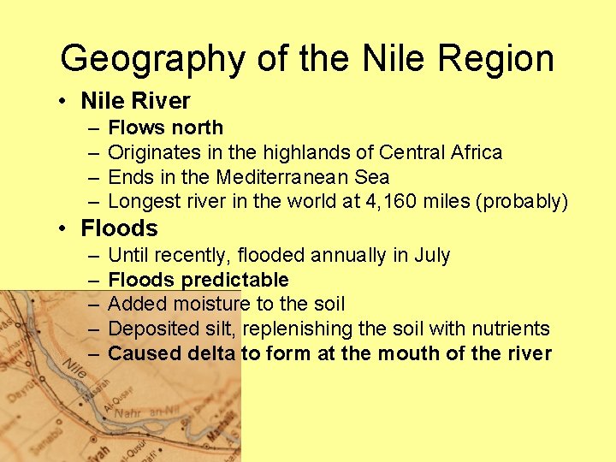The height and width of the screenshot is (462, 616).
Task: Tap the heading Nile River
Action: [x=135, y=101]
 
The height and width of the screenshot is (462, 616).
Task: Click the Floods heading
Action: [x=119, y=228]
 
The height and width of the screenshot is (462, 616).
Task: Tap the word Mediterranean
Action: [x=303, y=177]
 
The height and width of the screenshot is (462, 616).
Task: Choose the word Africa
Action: [x=474, y=152]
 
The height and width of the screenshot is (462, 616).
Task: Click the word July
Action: [x=432, y=255]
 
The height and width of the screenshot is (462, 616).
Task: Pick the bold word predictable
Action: [x=235, y=280]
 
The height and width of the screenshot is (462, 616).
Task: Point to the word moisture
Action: [x=210, y=304]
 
